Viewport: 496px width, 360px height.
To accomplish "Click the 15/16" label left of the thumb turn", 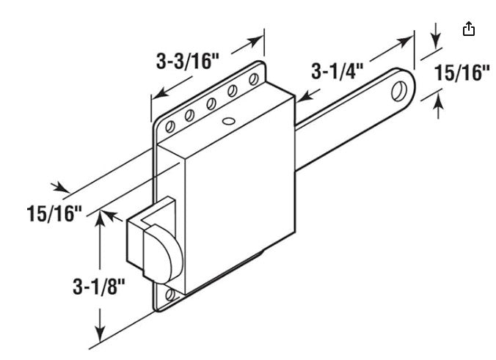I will (53, 214).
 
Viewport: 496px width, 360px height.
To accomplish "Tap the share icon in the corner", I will (469, 29).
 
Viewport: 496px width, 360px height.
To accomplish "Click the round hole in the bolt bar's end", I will (398, 91).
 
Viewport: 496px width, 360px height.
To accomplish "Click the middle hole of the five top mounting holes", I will (211, 103).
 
